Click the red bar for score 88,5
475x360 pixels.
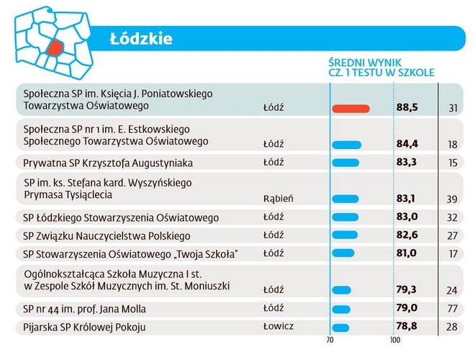tap(351, 109)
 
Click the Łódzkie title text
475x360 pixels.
tap(141, 38)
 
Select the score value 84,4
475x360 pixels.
tap(407, 144)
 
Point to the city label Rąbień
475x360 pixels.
tap(278, 198)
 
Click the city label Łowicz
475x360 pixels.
tap(279, 326)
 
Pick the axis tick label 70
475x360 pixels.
tap(330, 340)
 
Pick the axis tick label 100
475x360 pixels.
tap(395, 340)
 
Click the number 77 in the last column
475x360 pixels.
tap(452, 310)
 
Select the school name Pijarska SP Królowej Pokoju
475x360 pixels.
tap(85, 327)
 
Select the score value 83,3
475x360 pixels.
tap(407, 163)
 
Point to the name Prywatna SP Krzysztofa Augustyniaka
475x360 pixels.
tap(108, 163)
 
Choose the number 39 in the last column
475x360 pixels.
tap(452, 199)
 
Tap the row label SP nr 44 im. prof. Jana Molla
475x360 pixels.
tap(85, 309)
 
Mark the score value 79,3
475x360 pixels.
tap(407, 290)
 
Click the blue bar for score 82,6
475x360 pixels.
tap(346, 235)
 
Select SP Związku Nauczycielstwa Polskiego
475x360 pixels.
tap(107, 235)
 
